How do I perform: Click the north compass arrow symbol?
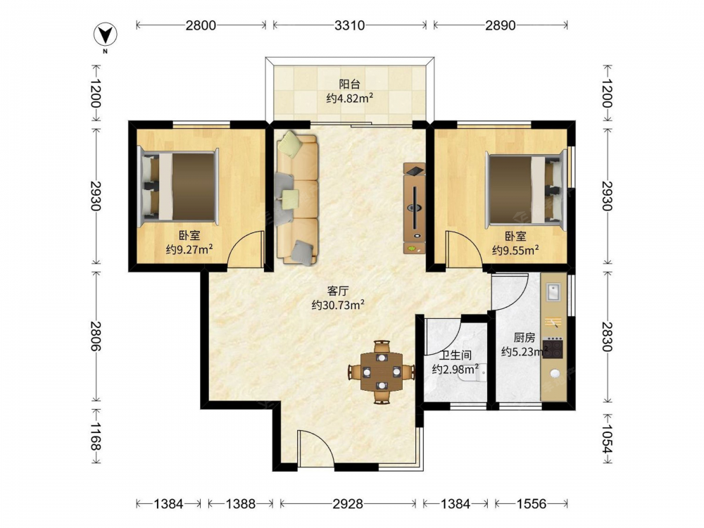pos(105,35)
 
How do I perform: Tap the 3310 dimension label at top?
pos(349,25)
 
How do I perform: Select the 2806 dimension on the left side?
pos(95,336)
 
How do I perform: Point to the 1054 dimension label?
pos(607,439)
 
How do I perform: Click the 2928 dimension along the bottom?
pos(348,504)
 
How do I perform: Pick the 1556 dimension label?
pos(531,504)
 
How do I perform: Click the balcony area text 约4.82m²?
pos(350,99)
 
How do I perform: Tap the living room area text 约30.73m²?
pos(338,306)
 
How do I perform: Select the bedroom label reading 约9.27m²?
pos(189,249)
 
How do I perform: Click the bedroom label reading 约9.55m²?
pos(515,250)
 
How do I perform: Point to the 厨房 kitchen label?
pos(524,338)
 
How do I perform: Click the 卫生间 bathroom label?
pos(455,356)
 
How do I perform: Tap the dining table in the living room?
pos(382,372)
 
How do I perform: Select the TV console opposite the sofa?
pos(414,208)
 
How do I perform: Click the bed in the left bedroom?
pos(179,187)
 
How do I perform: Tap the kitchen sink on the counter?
pos(553,292)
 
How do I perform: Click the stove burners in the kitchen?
pos(553,348)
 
